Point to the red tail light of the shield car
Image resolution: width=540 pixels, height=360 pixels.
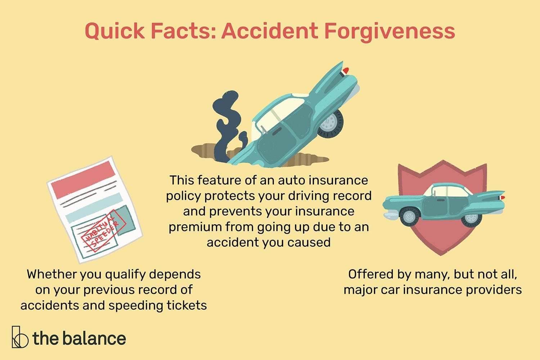pos(503,198)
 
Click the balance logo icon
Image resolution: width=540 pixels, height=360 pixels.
pos(19,337)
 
